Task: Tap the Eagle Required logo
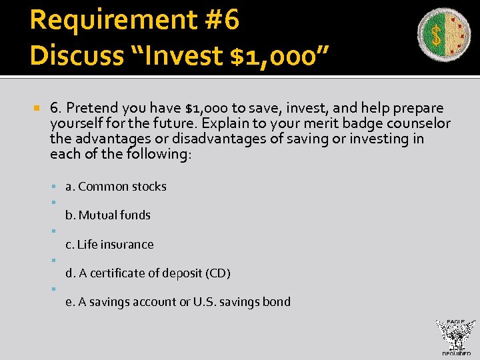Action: tap(455, 337)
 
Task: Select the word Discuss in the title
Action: tap(71, 55)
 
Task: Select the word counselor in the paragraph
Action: tap(419, 123)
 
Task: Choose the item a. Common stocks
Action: tap(115, 187)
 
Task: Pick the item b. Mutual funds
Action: tap(107, 215)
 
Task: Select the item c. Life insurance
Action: tap(109, 244)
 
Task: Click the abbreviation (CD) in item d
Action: tap(218, 273)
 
